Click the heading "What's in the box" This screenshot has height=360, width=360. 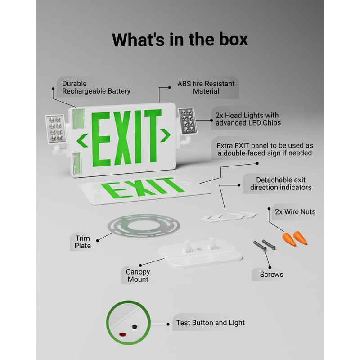tap(180, 39)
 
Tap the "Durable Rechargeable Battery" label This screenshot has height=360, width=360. tap(96, 87)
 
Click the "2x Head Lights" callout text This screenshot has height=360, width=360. tap(247, 119)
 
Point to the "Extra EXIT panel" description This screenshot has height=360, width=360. tap(265, 149)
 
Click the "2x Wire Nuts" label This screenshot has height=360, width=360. tap(294, 211)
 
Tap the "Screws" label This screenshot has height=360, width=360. tap(271, 274)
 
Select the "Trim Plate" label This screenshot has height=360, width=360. tap(83, 242)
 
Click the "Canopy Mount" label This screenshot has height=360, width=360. tap(137, 275)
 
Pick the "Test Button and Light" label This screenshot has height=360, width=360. tap(211, 323)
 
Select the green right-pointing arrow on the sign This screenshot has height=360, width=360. tap(165, 134)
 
